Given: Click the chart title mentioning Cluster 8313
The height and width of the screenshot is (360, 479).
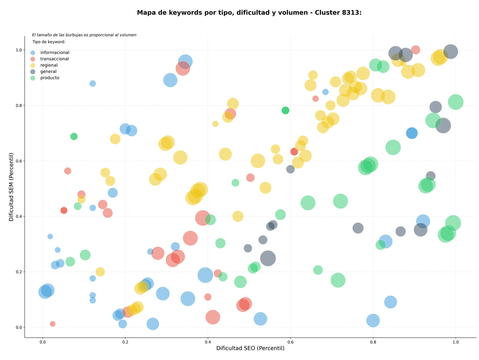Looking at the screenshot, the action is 249,13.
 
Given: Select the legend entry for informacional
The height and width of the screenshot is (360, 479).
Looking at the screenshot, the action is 50,52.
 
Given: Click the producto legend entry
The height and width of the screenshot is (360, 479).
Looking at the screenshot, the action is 45,78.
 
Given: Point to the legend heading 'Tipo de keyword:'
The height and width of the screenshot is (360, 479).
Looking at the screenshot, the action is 49,42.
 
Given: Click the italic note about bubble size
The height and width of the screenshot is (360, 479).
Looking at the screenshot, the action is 84,35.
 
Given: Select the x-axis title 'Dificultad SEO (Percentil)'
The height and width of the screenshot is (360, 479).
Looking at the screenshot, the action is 250,348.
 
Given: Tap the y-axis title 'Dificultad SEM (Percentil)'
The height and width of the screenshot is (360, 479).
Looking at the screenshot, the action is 11,187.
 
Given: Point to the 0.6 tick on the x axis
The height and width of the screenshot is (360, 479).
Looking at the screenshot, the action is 290,342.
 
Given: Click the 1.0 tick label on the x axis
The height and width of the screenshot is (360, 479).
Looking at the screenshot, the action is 455,342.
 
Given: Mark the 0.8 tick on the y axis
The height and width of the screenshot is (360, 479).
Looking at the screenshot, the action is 19,105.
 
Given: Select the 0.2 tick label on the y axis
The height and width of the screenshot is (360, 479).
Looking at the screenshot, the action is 19,272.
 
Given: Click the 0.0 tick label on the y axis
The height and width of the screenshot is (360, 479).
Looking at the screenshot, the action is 19,328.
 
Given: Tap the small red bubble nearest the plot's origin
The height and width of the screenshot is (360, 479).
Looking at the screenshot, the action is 53,324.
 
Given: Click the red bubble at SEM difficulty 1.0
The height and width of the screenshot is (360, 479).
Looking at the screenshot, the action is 416,50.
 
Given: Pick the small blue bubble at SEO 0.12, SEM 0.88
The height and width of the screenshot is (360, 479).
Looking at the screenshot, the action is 93,84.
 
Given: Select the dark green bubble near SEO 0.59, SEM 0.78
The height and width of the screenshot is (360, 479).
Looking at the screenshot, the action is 285,111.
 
